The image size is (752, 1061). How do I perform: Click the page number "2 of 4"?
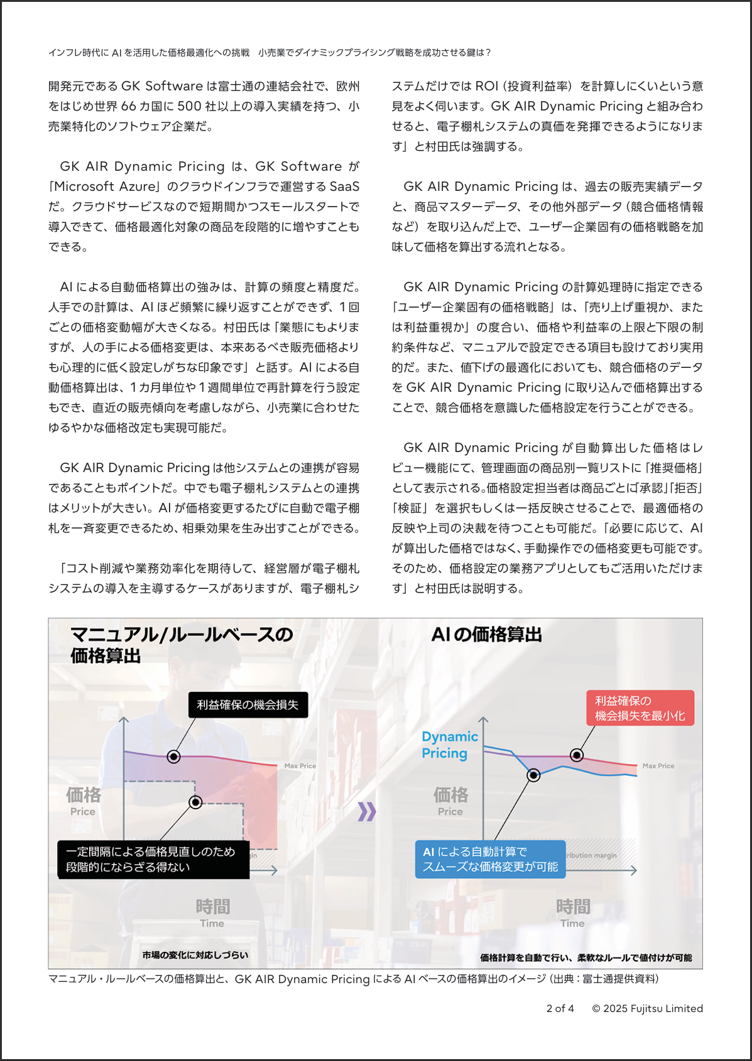[560, 1008]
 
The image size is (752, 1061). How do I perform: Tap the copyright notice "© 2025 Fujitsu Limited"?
[647, 1008]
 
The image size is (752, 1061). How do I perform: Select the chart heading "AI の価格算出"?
[486, 635]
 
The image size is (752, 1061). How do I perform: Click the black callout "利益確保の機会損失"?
[248, 704]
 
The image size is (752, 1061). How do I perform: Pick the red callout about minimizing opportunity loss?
[640, 708]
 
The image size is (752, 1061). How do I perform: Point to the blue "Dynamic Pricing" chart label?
[449, 745]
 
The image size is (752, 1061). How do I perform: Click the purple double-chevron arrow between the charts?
[367, 812]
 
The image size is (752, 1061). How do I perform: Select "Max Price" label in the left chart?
[300, 766]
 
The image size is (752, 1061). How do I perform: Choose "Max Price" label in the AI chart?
[658, 766]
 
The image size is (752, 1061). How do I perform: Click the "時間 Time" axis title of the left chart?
[212, 913]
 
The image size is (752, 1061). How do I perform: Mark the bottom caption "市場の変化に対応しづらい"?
[195, 955]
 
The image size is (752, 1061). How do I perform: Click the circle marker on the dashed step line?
[195, 802]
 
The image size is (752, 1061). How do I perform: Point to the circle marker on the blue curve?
[533, 775]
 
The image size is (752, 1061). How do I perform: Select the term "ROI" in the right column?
[486, 86]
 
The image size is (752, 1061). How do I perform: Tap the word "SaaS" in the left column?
[344, 186]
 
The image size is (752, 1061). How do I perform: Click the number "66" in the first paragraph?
[128, 106]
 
